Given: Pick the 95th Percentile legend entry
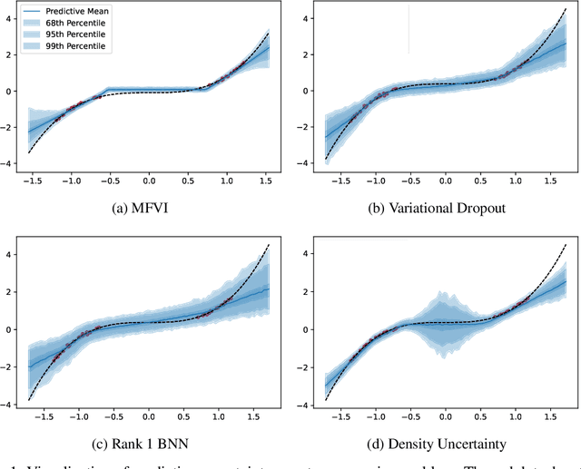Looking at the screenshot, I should [79, 35].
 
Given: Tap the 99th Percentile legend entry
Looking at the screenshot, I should [79, 46].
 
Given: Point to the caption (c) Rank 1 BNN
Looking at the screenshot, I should [148, 442].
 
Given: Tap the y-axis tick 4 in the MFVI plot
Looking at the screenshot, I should [8, 18].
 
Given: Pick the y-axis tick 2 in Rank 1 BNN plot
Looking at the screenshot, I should [8, 291].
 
